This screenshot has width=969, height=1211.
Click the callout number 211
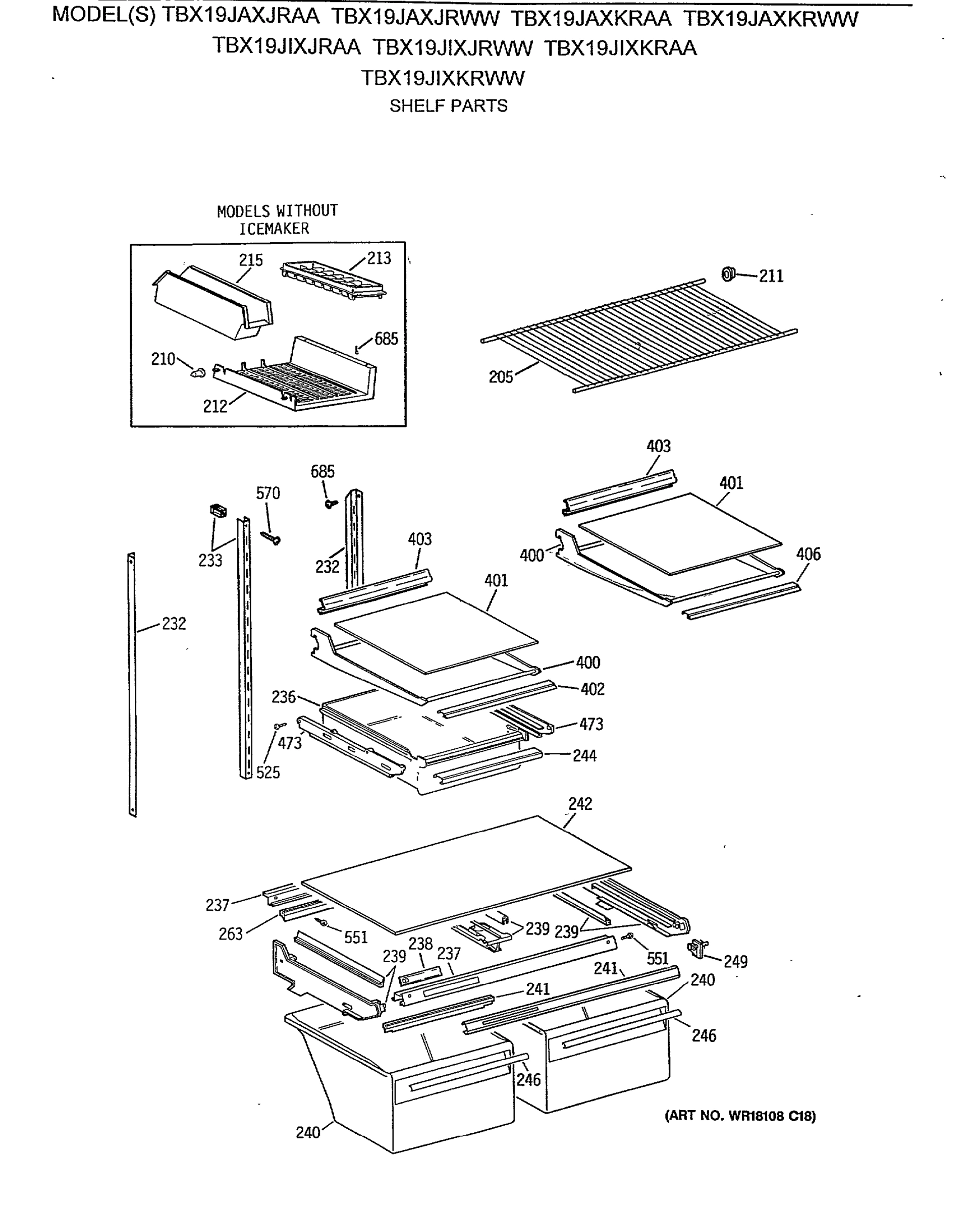[x=771, y=276]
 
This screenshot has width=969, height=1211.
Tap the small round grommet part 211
[x=728, y=274]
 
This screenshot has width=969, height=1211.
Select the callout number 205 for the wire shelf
[x=501, y=377]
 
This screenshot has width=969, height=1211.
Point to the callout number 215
[x=250, y=260]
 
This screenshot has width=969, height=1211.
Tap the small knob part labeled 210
[x=198, y=372]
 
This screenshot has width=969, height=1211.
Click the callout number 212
[x=215, y=406]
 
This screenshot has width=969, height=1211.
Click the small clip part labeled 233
[x=218, y=511]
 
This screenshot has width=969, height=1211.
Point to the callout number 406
[x=808, y=554]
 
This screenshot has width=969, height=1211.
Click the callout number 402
[x=592, y=689]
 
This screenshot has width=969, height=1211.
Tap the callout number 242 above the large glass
[x=580, y=804]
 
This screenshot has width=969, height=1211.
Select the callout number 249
[x=735, y=962]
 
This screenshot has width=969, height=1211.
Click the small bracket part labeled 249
[x=697, y=948]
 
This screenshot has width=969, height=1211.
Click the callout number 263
[x=230, y=934]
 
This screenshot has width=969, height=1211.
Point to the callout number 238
[x=420, y=944]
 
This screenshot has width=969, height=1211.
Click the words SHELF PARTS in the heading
[x=448, y=105]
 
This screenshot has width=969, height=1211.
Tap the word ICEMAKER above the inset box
[x=274, y=229]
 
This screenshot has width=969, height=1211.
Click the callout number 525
[x=268, y=773]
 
